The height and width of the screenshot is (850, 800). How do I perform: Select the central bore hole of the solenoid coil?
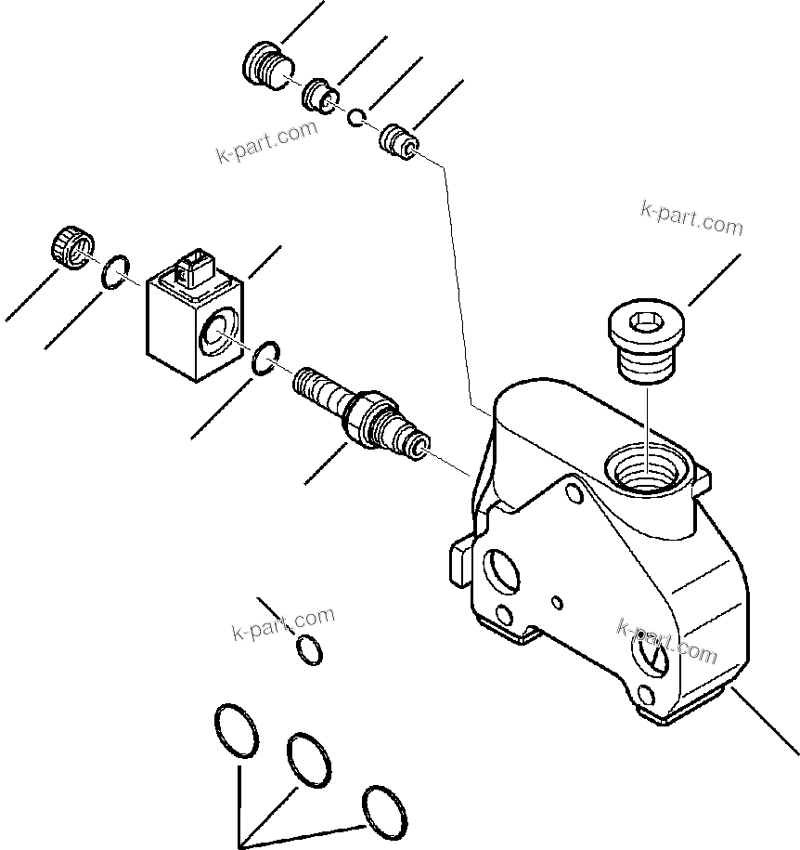click(218, 331)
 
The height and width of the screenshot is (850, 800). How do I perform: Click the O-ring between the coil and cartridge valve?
click(266, 357)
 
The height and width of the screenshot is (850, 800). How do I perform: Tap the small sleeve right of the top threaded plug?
click(321, 95)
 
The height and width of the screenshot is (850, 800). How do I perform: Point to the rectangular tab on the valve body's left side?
click(461, 563)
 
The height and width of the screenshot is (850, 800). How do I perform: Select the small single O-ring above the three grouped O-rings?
click(310, 650)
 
